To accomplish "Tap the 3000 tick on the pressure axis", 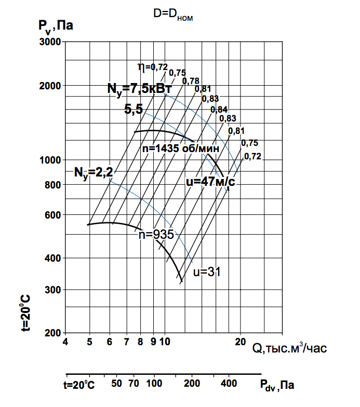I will point(51,42).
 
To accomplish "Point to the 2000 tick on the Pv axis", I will point(51,86).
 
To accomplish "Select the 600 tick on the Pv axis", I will point(53,215).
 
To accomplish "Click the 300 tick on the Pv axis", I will point(53,290).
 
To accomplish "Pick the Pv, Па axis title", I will point(55,25).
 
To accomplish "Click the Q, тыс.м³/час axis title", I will point(290,347).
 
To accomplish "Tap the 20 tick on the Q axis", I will point(240,342).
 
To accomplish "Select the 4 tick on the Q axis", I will point(65,342).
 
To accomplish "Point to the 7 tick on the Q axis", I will point(126,342).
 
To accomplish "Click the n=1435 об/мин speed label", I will point(180,148).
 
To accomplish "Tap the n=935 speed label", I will point(156,234).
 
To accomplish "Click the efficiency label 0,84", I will point(219,109).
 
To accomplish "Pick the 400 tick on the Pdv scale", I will point(229,384).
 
